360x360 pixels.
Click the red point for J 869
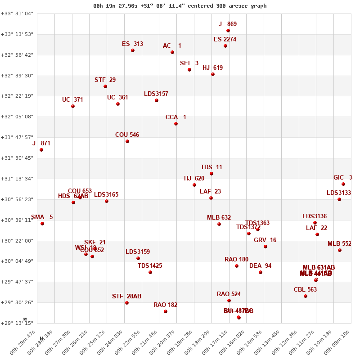228,31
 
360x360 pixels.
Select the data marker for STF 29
105,86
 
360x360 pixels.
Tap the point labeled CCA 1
176,124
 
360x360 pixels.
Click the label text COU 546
127,135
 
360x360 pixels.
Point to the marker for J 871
41,150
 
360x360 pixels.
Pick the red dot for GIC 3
343,184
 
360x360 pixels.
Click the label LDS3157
156,94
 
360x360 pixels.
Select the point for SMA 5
42,224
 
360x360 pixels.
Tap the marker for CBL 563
306,296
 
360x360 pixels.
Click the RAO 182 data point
166,311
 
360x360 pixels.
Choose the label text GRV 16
265,240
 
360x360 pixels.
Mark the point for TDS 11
211,174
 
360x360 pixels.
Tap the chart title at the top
180,6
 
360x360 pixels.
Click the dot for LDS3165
107,201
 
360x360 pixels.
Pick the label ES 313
132,44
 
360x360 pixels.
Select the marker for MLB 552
340,250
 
